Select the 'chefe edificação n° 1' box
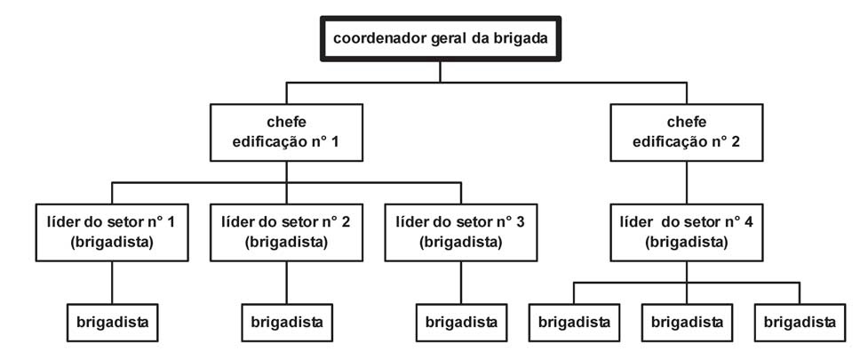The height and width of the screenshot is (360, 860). pos(286,132)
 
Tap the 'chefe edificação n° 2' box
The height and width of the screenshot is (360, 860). pos(687,132)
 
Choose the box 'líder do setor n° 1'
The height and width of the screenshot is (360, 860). pos(112,233)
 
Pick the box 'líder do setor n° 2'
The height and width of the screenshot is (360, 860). pos(286,233)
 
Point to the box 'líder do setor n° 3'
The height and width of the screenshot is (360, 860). pos(460,233)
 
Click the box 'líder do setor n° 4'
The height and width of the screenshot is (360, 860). pos(687,233)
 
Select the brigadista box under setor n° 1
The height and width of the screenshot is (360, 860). pos(112,321)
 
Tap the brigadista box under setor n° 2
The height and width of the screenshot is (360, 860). pos(286,321)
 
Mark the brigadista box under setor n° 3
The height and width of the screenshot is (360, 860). pos(460,321)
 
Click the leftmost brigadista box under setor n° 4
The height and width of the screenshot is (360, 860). pos(573,321)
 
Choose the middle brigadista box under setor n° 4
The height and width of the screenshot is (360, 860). pos(687,321)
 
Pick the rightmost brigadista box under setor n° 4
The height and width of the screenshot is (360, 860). pos(799,321)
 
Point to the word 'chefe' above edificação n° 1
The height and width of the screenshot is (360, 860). pos(286,123)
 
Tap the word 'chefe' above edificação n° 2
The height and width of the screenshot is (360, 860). pos(687,123)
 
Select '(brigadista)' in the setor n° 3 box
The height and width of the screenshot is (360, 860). pos(460,242)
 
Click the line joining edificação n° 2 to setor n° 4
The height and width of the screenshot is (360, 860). pos(687,183)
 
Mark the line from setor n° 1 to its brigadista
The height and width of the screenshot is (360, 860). pos(112,283)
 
